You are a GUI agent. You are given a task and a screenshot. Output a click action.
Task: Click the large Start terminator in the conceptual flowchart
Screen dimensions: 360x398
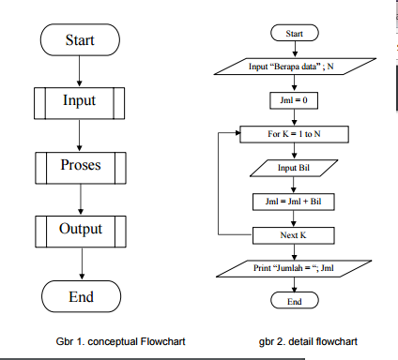(80, 40)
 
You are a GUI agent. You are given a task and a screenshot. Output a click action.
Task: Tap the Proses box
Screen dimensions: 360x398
(80, 166)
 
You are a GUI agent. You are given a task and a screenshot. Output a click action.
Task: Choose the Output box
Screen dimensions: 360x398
(80, 229)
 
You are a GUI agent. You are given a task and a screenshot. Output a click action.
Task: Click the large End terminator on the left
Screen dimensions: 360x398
(80, 297)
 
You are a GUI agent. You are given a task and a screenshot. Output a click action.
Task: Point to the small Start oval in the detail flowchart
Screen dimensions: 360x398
(295, 35)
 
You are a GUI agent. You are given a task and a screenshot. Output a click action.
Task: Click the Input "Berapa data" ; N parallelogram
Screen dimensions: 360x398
(295, 67)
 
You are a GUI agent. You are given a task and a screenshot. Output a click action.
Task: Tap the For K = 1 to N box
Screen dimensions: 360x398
(295, 134)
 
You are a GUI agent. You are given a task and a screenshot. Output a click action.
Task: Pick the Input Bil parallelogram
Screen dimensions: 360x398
(295, 168)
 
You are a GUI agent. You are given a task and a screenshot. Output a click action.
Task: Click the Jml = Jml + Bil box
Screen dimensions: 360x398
(295, 201)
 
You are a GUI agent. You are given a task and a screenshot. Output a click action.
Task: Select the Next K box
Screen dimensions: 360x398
(295, 234)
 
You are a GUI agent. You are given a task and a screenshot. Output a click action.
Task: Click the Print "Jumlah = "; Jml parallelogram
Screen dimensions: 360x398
(295, 268)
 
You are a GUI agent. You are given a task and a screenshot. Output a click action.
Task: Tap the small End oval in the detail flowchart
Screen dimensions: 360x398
(295, 301)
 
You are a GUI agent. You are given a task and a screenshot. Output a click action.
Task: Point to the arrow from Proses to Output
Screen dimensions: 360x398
(80, 198)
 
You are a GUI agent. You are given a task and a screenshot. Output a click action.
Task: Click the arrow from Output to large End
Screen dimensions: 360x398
(80, 262)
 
